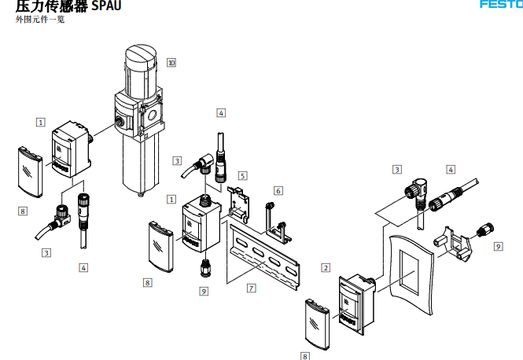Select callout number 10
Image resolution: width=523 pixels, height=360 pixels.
(x=171, y=62)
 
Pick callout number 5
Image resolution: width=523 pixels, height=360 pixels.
(x=243, y=175)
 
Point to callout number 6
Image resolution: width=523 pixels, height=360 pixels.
(x=278, y=190)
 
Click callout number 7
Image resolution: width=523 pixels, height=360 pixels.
(x=251, y=288)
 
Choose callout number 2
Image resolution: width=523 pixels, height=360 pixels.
(x=325, y=267)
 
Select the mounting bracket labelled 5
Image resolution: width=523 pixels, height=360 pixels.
(x=237, y=203)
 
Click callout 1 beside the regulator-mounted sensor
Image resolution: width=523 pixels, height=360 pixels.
(x=40, y=122)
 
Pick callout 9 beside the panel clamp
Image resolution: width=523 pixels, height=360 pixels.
(x=498, y=246)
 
